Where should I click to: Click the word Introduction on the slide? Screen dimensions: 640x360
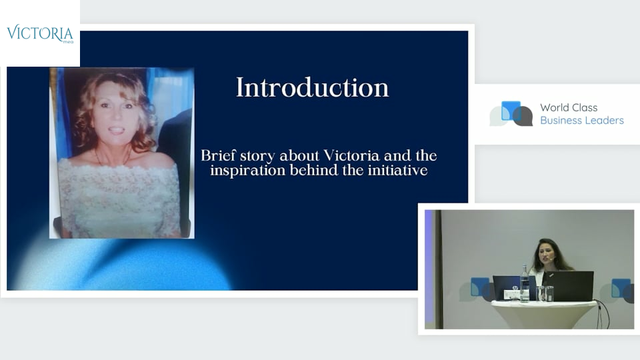[x=312, y=87]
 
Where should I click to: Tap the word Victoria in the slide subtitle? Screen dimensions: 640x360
[x=351, y=155]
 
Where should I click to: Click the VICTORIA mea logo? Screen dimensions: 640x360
[x=40, y=33]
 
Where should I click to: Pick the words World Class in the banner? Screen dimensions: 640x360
[x=569, y=107]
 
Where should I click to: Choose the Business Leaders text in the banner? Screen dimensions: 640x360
[x=582, y=121]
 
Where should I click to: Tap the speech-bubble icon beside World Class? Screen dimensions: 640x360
[x=511, y=113]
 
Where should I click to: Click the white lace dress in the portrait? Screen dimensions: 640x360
[x=119, y=196]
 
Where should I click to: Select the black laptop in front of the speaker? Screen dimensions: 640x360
[x=568, y=286]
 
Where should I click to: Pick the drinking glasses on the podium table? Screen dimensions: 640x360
[x=545, y=293]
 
